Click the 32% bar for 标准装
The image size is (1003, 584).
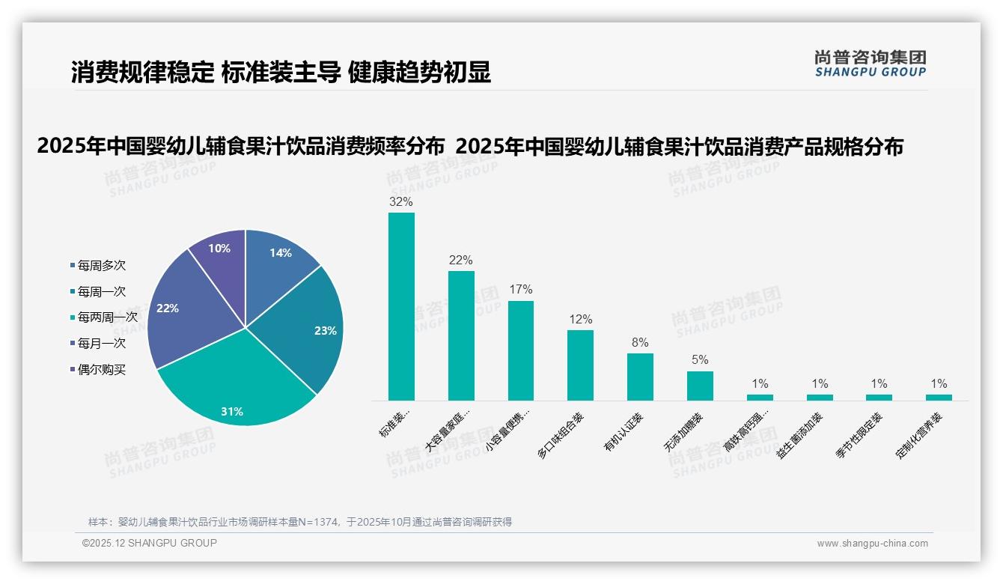coord(401,307)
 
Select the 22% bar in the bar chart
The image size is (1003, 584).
coord(461,335)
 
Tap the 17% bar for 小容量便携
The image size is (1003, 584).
coord(520,350)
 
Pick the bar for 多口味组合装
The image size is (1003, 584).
coord(580,365)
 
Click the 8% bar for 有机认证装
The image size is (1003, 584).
coord(640,377)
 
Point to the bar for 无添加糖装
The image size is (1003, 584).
coord(700,386)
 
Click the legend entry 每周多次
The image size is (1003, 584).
coord(101,265)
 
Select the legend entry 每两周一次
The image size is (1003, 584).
coord(107,317)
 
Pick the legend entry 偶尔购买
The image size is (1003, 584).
coord(101,370)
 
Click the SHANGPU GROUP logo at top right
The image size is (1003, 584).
coord(870,64)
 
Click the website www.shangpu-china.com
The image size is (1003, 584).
coord(872,544)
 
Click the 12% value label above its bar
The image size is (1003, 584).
coord(580,319)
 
